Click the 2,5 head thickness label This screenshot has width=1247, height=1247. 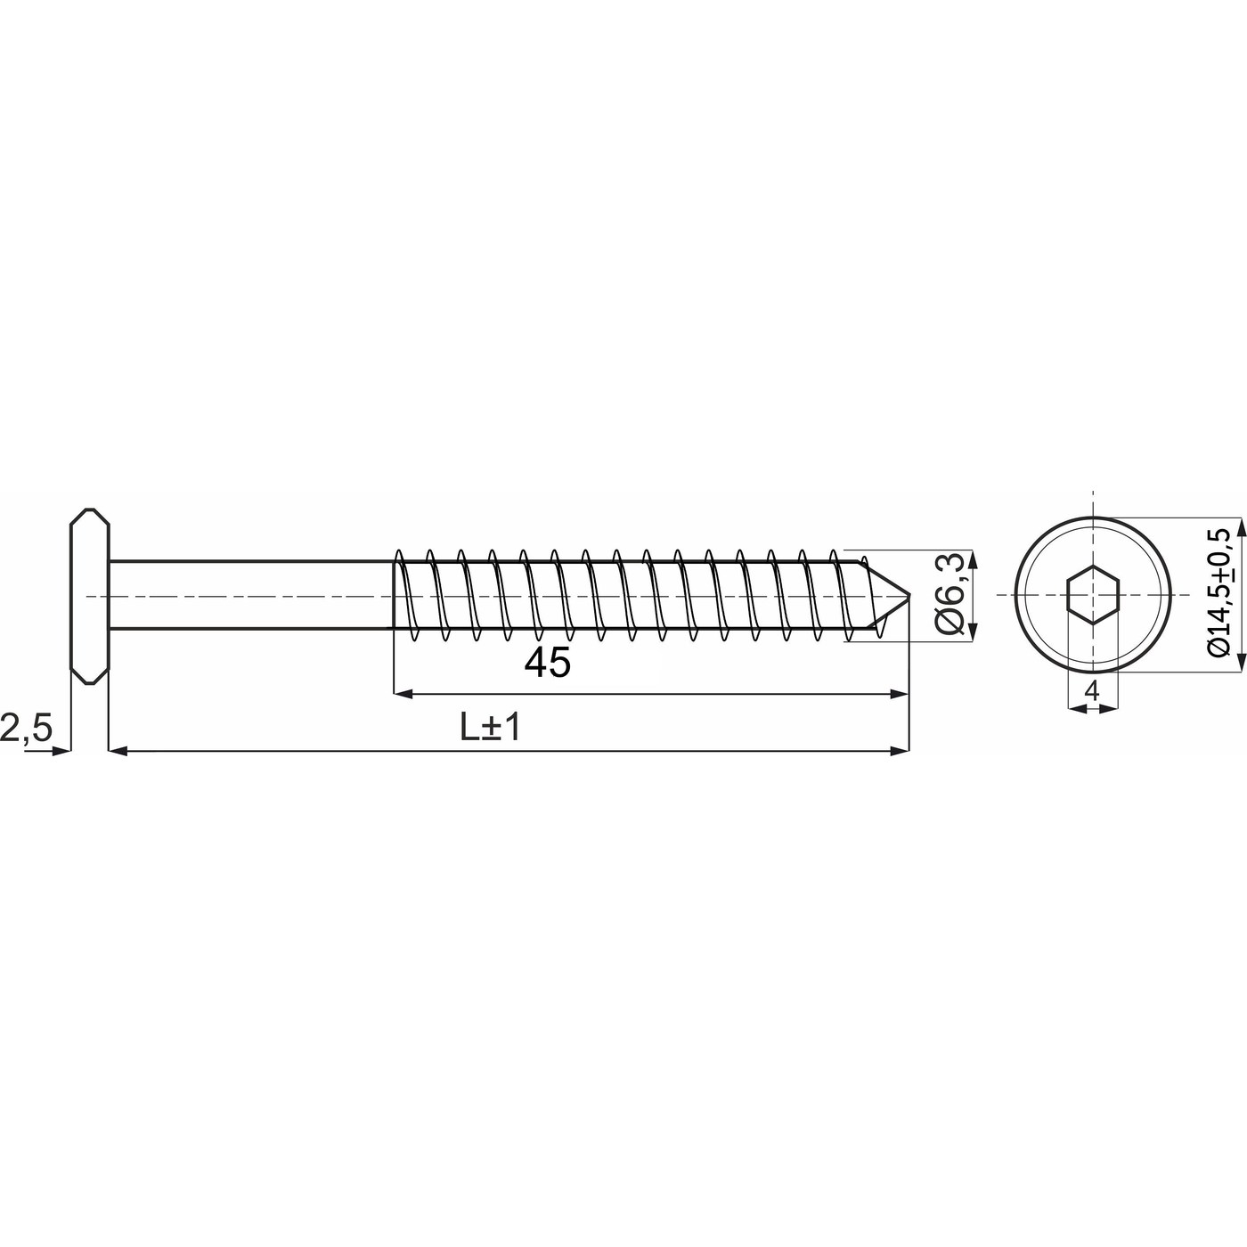click(x=26, y=729)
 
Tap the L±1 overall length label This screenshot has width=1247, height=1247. click(x=490, y=728)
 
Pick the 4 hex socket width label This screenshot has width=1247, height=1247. click(x=1092, y=692)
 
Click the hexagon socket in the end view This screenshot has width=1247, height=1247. click(x=1093, y=594)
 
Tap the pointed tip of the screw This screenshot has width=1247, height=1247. click(x=909, y=594)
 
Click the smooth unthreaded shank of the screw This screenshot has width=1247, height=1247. click(x=251, y=594)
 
